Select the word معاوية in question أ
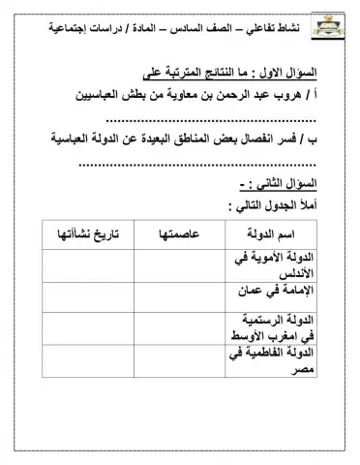(x=192, y=96)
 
